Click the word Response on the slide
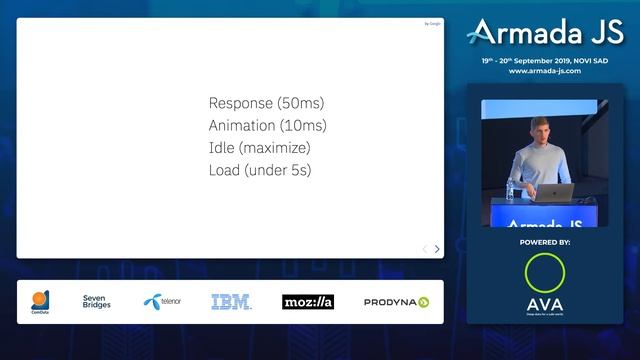239,104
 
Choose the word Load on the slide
224,170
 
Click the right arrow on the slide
437,249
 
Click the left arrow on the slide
424,249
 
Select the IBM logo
230,301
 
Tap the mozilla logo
307,301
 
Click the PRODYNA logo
396,301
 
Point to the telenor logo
162,301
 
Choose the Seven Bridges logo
97,301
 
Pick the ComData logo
40,301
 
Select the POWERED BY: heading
545,242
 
